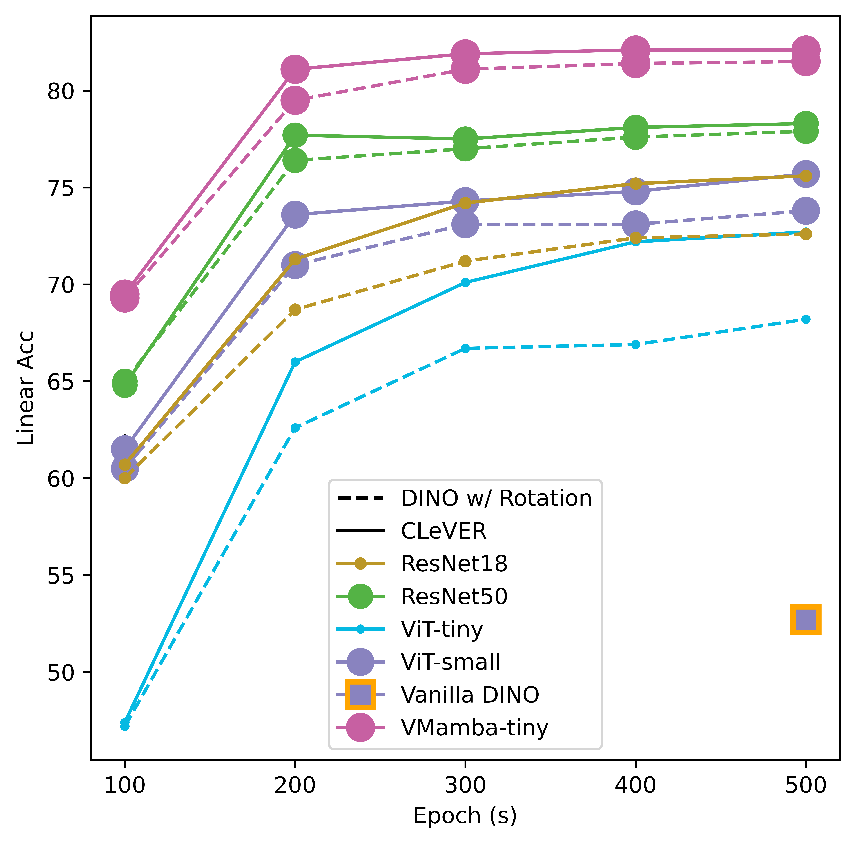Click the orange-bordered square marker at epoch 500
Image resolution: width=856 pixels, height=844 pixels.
pyautogui.click(x=806, y=619)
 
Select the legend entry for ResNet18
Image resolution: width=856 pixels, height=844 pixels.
pyautogui.click(x=454, y=564)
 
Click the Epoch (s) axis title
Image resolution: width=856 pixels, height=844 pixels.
pyautogui.click(x=465, y=816)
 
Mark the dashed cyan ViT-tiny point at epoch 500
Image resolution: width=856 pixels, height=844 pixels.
pyautogui.click(x=806, y=319)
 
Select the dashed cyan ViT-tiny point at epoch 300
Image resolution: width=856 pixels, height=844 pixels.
pyautogui.click(x=465, y=349)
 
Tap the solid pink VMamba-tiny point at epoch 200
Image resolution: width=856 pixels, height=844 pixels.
pyautogui.click(x=295, y=69)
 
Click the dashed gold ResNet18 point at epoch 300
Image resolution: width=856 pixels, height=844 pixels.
pyautogui.click(x=465, y=261)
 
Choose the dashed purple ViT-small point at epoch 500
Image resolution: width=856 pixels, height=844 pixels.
pyautogui.click(x=806, y=211)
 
